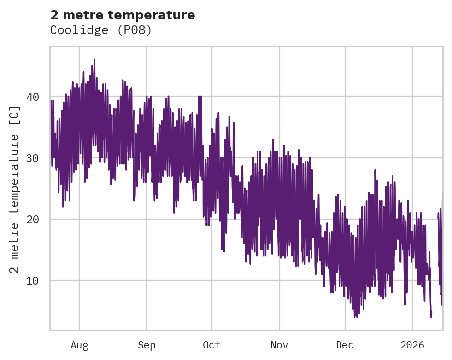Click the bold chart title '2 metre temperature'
pyautogui.click(x=123, y=15)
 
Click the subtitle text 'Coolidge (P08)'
pyautogui.click(x=101, y=30)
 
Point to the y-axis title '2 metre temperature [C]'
pyautogui.click(x=15, y=190)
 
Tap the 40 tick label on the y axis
pyautogui.click(x=32, y=97)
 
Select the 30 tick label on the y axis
pyautogui.click(x=32, y=158)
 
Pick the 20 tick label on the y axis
pyautogui.click(x=32, y=219)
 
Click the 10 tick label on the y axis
pyautogui.click(x=32, y=280)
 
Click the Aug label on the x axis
pyautogui.click(x=79, y=345)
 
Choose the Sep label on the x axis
pyautogui.click(x=147, y=345)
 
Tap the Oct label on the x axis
pyautogui.click(x=212, y=345)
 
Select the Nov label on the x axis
pyautogui.click(x=279, y=345)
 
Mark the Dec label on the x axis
pyautogui.click(x=345, y=345)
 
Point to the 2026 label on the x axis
pyautogui.click(x=412, y=345)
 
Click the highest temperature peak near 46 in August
pyautogui.click(x=94, y=60)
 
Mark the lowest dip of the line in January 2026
pyautogui.click(x=431, y=316)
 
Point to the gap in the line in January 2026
pyautogui.click(x=434, y=258)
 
